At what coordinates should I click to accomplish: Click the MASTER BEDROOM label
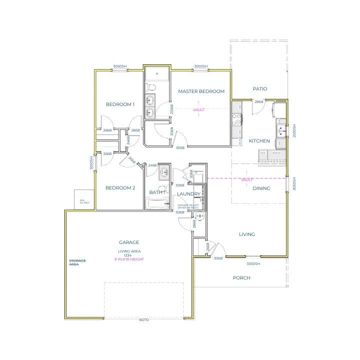(x=201, y=91)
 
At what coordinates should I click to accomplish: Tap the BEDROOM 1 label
(x=120, y=104)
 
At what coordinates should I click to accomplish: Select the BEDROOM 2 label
(x=120, y=188)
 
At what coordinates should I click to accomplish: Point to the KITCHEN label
(x=259, y=141)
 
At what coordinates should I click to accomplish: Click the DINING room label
(x=261, y=188)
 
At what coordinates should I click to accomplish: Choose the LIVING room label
(x=247, y=234)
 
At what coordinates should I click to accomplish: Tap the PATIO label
(x=260, y=89)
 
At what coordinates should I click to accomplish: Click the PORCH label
(x=241, y=277)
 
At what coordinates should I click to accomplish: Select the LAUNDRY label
(x=189, y=194)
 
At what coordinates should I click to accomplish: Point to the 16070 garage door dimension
(x=143, y=319)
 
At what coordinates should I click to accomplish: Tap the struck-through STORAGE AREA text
(x=77, y=262)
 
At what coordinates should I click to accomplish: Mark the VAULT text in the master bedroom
(x=198, y=109)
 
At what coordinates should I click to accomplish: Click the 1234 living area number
(x=128, y=255)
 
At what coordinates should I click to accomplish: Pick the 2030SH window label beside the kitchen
(x=294, y=131)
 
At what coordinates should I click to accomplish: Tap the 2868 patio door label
(x=259, y=102)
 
